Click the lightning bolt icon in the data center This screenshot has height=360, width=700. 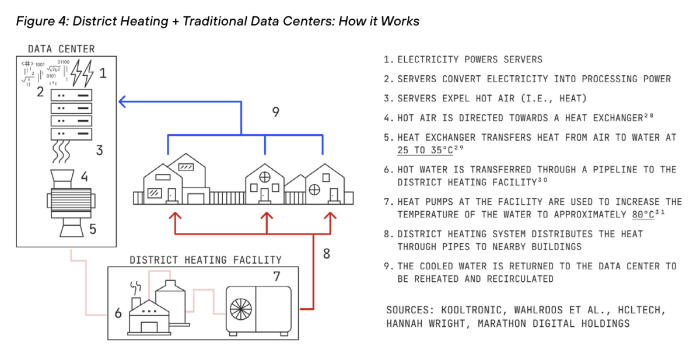click(x=85, y=74)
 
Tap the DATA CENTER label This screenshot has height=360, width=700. click(x=61, y=49)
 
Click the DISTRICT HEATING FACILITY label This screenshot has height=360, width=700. click(x=205, y=260)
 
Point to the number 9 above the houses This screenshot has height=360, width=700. click(x=276, y=112)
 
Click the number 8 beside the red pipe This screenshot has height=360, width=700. click(x=326, y=254)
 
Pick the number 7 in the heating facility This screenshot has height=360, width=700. click(x=277, y=277)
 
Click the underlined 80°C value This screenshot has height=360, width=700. click(x=643, y=214)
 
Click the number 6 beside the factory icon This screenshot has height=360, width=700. click(x=118, y=313)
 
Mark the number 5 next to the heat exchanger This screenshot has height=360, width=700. click(x=92, y=229)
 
